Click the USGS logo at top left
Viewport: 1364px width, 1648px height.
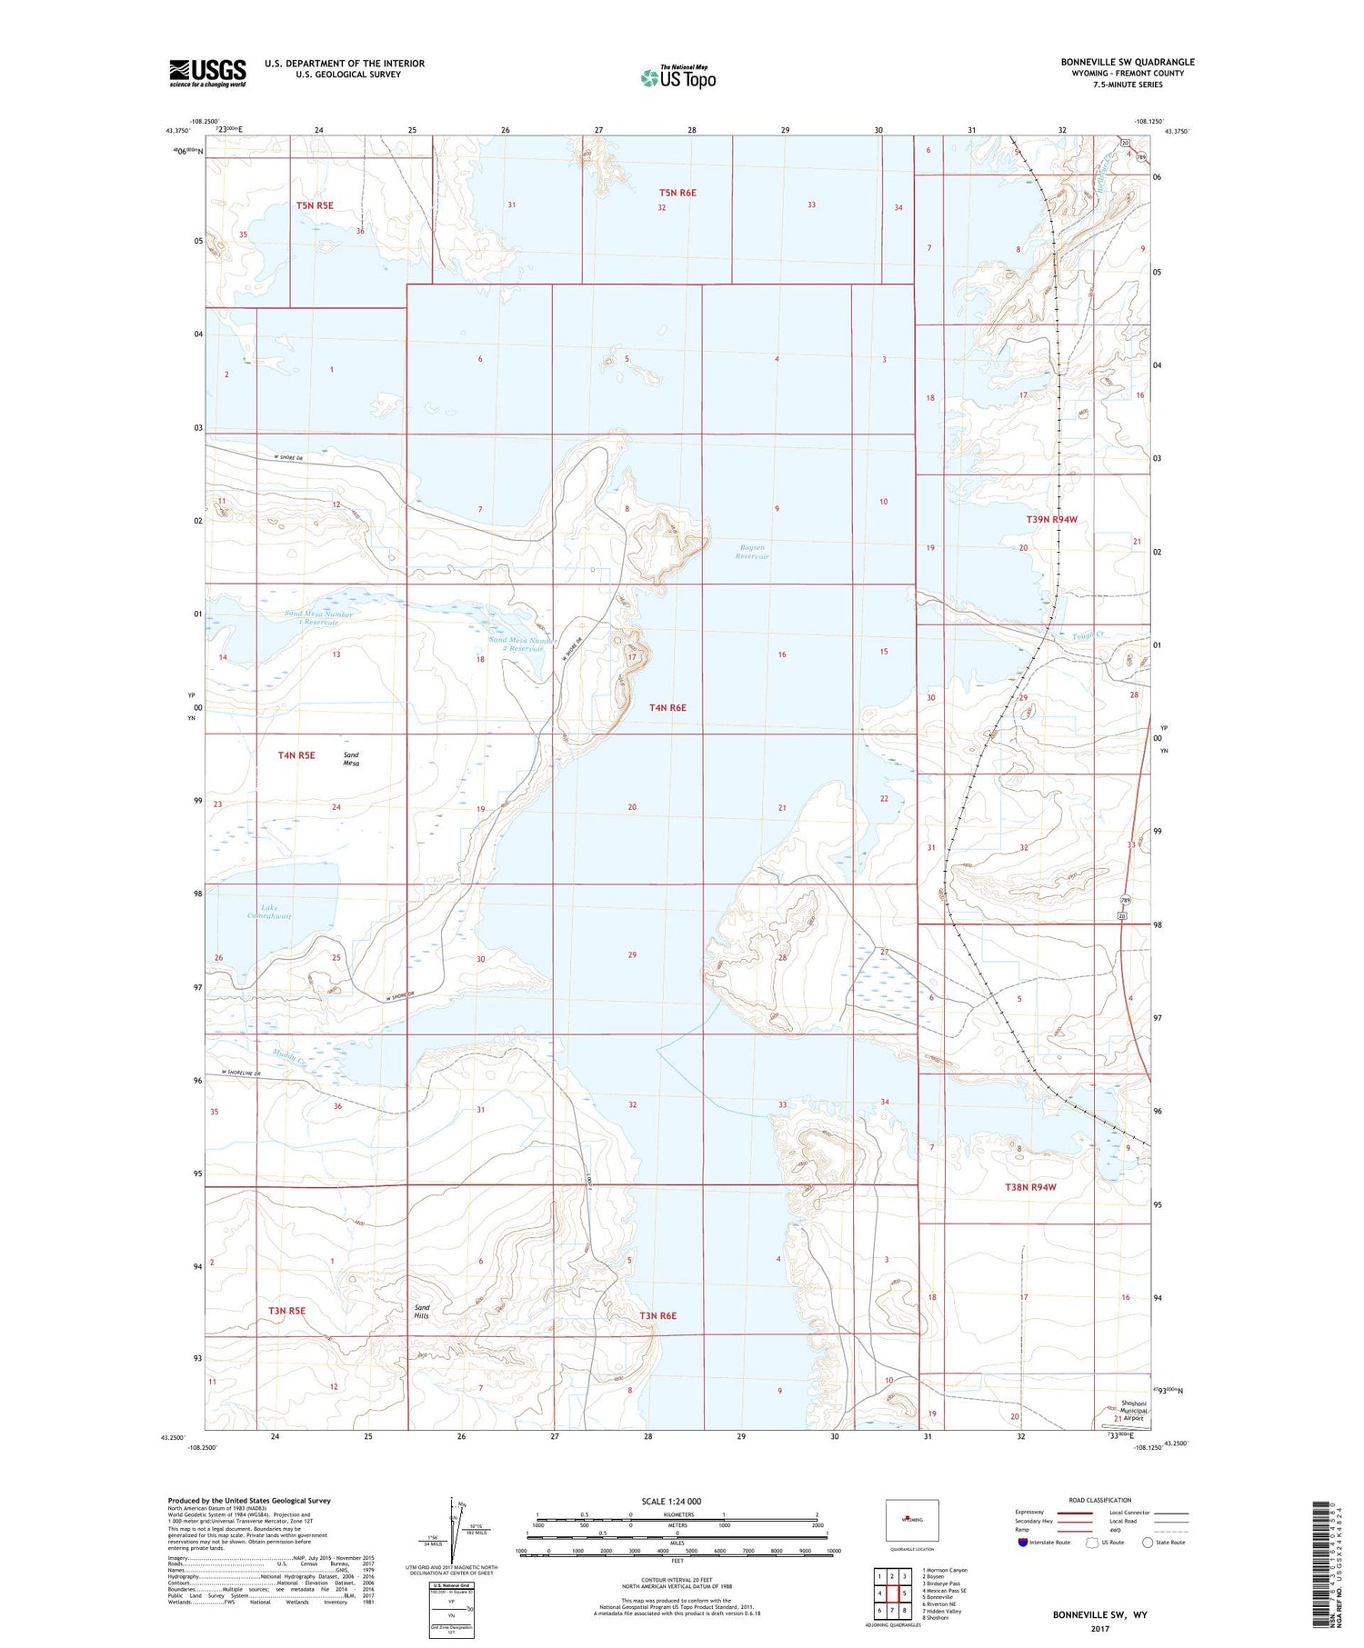[x=207, y=73]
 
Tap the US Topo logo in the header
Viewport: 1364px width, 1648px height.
[x=678, y=78]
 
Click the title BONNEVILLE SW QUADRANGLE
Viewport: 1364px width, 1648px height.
[x=1127, y=62]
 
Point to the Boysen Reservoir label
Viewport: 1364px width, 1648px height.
[x=753, y=552]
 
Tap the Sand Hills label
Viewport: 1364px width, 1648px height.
[x=422, y=1311]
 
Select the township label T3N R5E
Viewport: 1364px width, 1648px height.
[x=286, y=1311]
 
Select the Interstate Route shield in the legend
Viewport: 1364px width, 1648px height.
[x=1023, y=1542]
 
